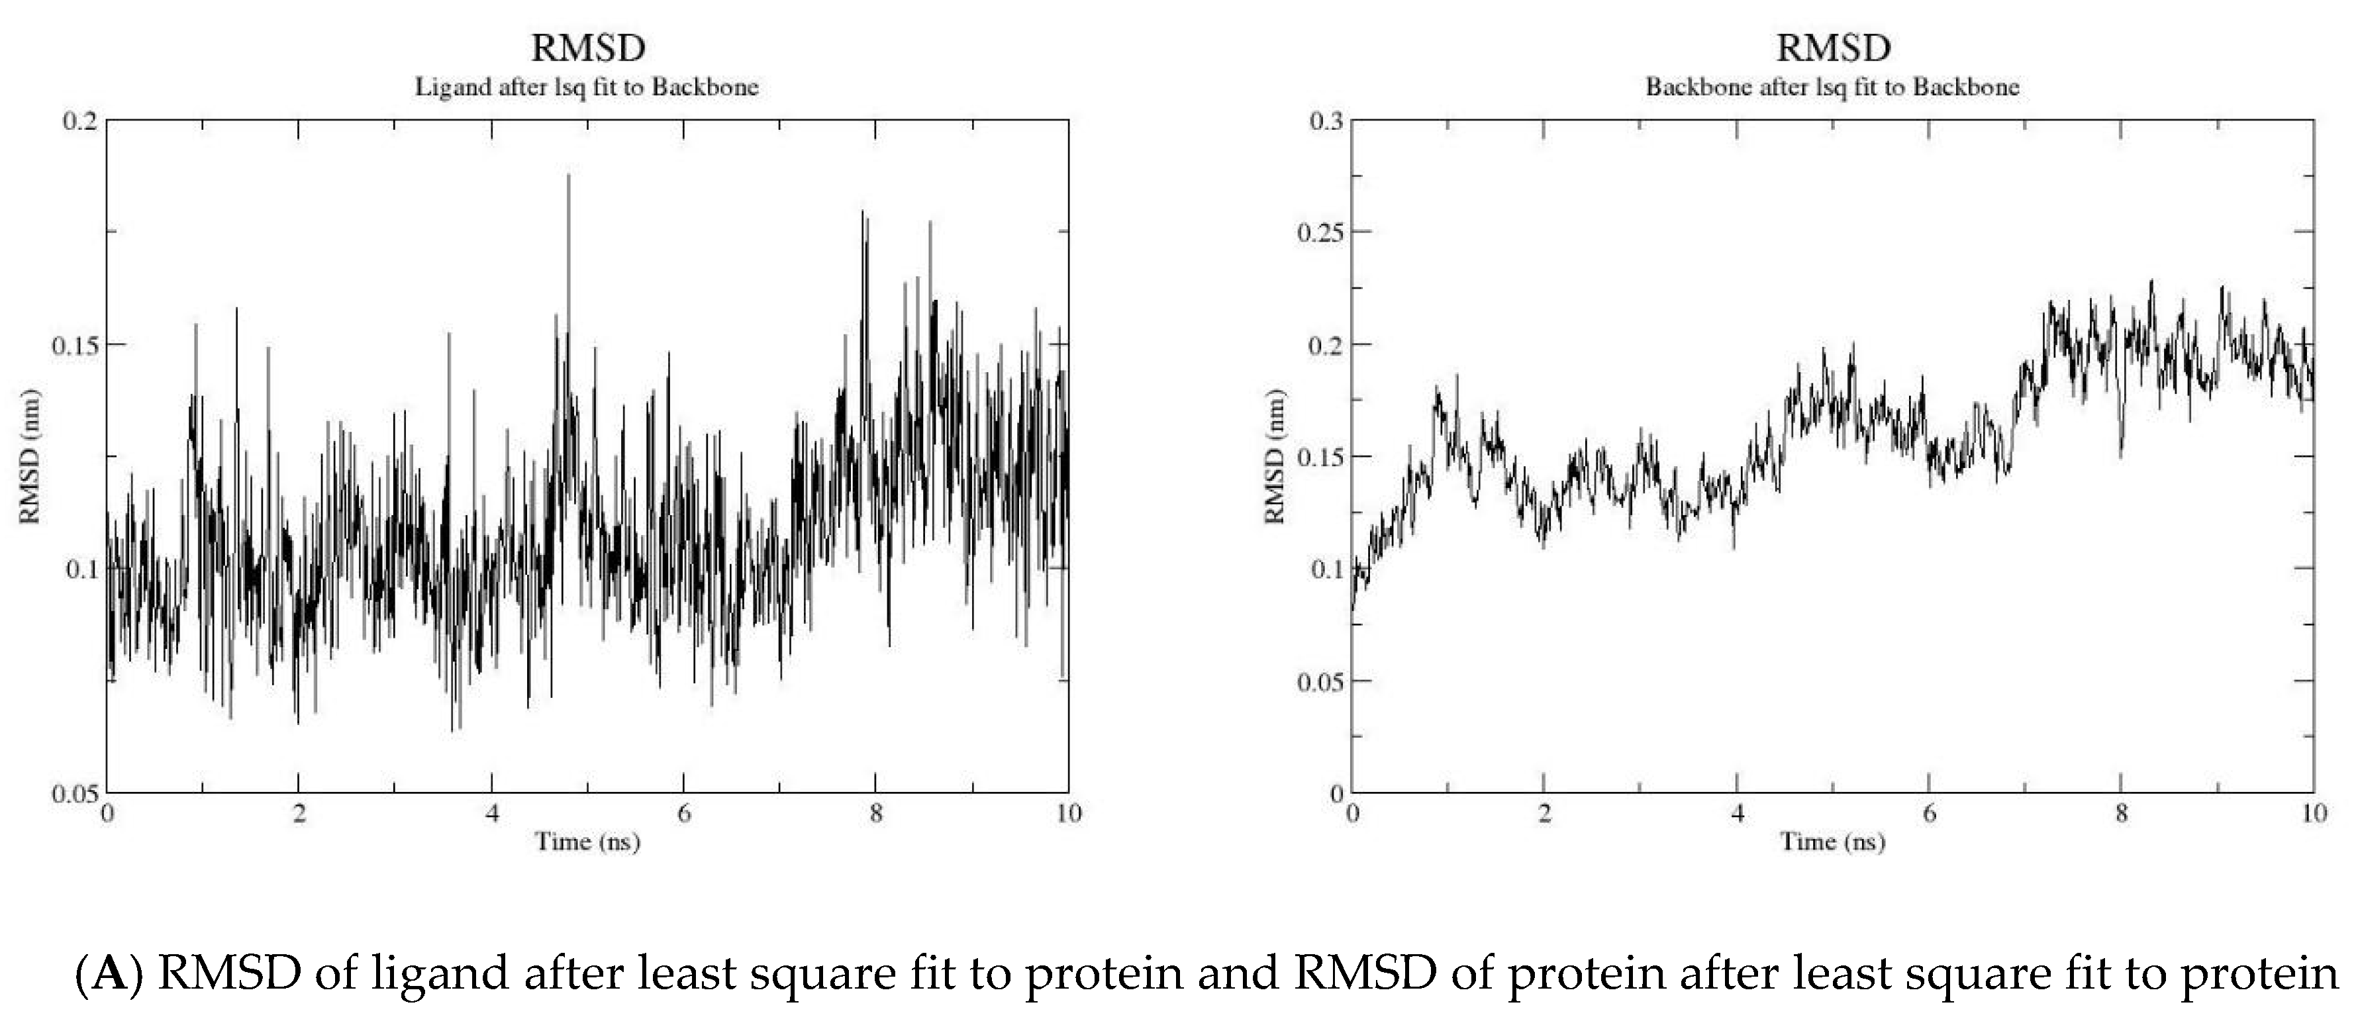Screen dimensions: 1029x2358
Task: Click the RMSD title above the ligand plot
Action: [x=587, y=48]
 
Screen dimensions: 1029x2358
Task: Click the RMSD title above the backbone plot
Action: [x=1833, y=48]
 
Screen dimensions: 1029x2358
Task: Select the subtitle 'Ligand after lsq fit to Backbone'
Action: [x=587, y=87]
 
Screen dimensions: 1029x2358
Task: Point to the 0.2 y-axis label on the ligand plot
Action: [x=79, y=121]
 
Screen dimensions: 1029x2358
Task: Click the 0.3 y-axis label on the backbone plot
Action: [x=1326, y=121]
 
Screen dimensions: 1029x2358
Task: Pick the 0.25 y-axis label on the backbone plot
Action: [x=1320, y=232]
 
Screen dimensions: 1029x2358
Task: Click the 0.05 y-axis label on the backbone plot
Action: [x=1320, y=682]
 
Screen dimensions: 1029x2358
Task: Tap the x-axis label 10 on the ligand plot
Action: [x=1068, y=814]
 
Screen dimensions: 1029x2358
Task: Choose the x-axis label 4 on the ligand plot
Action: [x=493, y=814]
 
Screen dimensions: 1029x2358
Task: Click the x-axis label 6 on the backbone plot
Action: [x=1929, y=814]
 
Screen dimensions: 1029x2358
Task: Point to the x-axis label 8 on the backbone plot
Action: [x=2121, y=814]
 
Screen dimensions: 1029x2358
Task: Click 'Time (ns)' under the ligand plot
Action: [x=587, y=842]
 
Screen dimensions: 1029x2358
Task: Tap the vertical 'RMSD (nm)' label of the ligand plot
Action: [x=30, y=457]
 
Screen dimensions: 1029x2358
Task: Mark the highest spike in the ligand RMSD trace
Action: [x=568, y=175]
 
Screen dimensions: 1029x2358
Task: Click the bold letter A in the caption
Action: [x=109, y=972]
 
